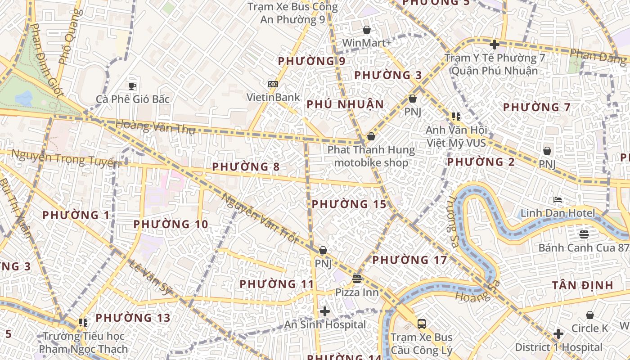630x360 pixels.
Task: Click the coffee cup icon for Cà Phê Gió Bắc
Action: [x=132, y=86]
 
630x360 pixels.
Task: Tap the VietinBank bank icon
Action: [x=273, y=84]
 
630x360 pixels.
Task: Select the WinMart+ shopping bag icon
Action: [x=367, y=30]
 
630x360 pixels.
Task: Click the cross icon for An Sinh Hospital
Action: [x=325, y=311]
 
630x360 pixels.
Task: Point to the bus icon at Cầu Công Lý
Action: [x=422, y=324]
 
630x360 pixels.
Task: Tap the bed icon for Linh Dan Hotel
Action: [x=558, y=200]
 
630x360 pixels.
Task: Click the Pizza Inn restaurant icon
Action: [x=357, y=279]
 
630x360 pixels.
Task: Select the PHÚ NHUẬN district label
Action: [x=345, y=104]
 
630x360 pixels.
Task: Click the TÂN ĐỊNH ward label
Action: [x=582, y=285]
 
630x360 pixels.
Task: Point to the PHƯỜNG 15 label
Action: [x=349, y=204]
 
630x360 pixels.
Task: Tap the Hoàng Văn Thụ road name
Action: [x=155, y=127]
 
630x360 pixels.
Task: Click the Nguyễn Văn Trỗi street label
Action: [x=260, y=218]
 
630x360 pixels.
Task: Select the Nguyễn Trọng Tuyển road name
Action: [x=66, y=159]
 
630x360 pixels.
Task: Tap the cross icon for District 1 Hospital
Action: [x=558, y=334]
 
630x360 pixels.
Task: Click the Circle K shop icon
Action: [x=589, y=315]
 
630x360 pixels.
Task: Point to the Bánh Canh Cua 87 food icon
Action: [x=584, y=234]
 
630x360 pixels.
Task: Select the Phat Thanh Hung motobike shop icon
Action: [x=371, y=136]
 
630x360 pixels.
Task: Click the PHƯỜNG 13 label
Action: [x=133, y=318]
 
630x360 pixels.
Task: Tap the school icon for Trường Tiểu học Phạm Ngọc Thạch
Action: [x=83, y=322]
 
